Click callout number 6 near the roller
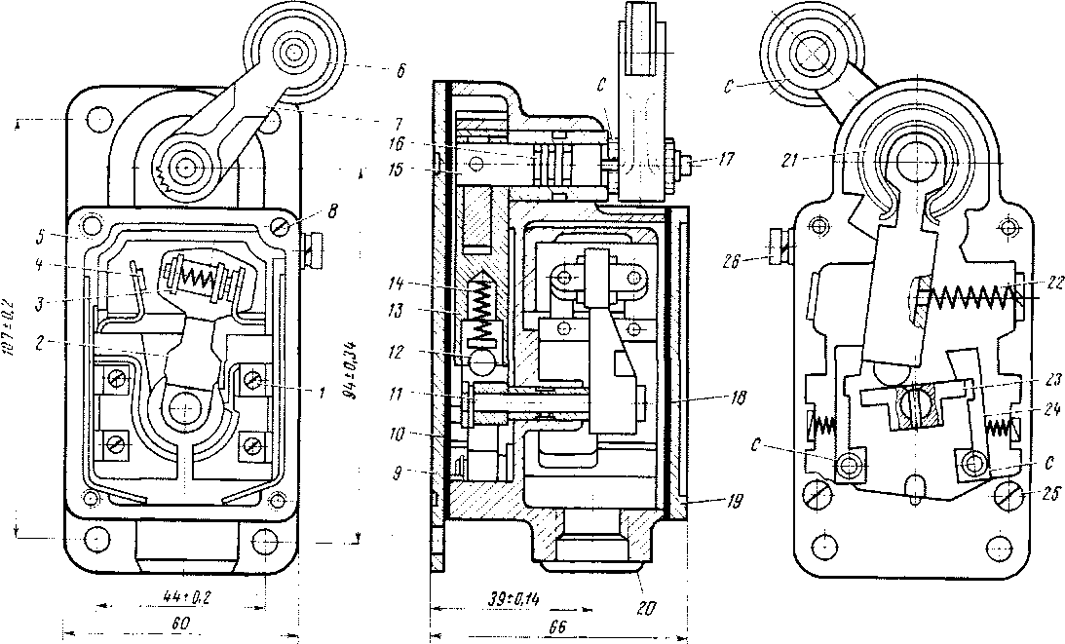click(x=400, y=70)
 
